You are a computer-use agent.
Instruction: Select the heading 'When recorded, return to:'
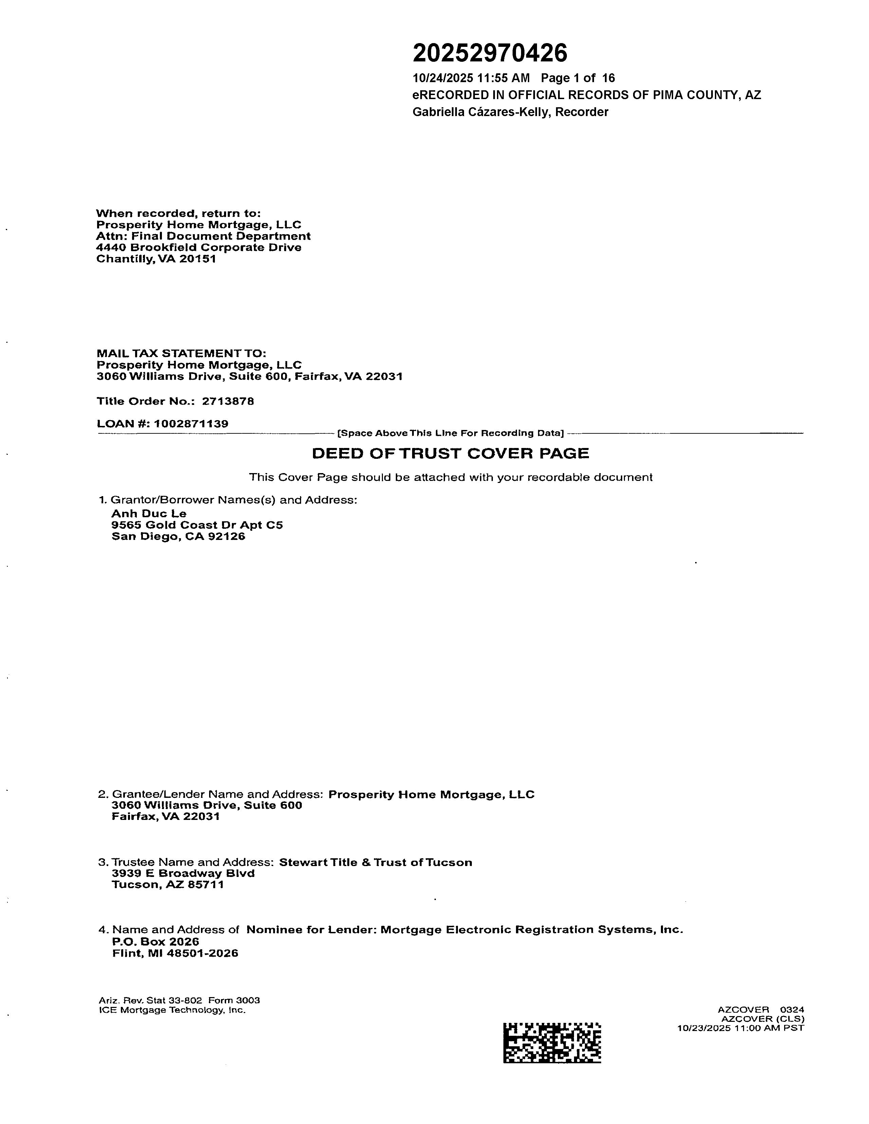point(179,213)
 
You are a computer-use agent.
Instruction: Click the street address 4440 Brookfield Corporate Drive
point(199,247)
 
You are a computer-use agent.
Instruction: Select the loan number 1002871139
point(191,424)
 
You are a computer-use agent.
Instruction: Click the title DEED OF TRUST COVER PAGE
point(450,453)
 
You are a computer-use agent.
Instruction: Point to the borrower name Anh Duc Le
point(149,513)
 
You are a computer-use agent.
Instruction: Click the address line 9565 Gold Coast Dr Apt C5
point(197,525)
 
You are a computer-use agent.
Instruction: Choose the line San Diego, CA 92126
point(178,536)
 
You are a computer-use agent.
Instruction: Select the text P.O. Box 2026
point(155,941)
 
